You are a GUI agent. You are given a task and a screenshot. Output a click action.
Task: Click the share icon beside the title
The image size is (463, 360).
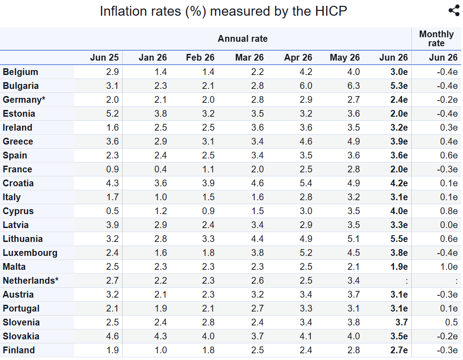tap(454, 11)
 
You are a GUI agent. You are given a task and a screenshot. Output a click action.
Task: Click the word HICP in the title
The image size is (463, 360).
tap(331, 11)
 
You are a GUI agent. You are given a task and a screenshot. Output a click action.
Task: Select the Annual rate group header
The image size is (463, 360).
tap(243, 39)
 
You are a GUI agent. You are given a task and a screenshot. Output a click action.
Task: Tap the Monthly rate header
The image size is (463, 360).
tap(437, 39)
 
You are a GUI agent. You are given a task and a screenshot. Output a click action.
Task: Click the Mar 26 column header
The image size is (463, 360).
tap(249, 57)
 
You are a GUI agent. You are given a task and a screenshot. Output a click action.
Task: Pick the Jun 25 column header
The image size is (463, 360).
tap(104, 57)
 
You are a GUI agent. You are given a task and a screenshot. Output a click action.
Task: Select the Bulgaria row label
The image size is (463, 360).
tap(21, 86)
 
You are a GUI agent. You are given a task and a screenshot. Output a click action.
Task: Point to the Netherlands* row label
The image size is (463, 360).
tap(31, 281)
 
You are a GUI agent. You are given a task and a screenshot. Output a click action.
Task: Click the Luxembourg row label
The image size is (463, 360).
tap(30, 253)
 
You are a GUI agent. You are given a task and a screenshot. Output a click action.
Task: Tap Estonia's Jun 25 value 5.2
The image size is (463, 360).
tap(113, 114)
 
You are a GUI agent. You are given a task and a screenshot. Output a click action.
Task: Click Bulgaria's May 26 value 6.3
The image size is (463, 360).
tap(353, 86)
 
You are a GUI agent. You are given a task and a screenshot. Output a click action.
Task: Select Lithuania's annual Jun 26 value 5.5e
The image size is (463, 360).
tap(399, 239)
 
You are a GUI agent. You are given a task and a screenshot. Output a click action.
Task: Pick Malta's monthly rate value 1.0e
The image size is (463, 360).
tap(449, 267)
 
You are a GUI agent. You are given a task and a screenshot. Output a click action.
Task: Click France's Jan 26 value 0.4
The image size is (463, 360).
tap(161, 169)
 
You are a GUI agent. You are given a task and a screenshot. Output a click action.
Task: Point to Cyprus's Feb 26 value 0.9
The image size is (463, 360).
tap(208, 211)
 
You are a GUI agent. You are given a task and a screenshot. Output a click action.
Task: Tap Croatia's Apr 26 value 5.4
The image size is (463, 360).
tap(306, 183)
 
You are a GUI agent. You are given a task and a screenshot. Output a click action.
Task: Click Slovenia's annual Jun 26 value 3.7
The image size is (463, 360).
tap(401, 323)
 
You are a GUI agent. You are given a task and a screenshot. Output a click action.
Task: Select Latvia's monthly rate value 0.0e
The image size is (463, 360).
tap(449, 225)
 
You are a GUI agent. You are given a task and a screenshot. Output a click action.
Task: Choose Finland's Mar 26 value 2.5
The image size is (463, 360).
tap(257, 350)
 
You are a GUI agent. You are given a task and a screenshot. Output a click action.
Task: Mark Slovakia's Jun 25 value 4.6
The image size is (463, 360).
tap(113, 336)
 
